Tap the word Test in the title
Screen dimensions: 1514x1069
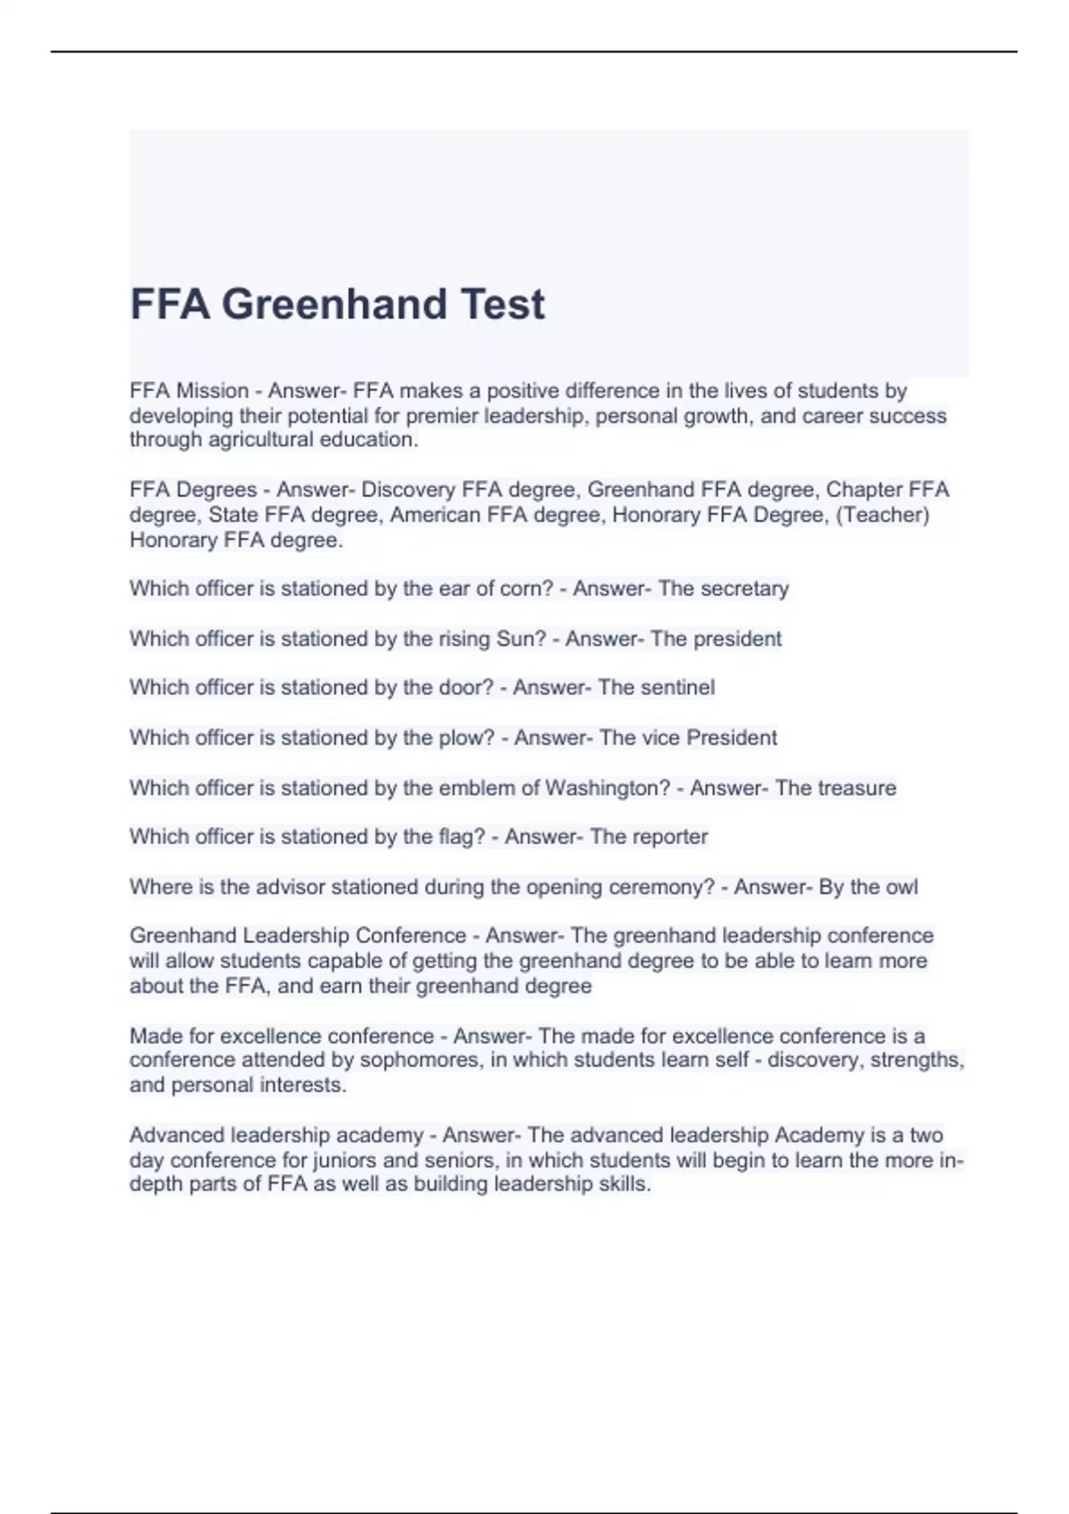pyautogui.click(x=502, y=305)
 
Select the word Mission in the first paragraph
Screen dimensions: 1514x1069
pyautogui.click(x=212, y=391)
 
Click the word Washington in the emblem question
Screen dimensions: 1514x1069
pyautogui.click(x=607, y=788)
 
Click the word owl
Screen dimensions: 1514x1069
pyautogui.click(x=902, y=887)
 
